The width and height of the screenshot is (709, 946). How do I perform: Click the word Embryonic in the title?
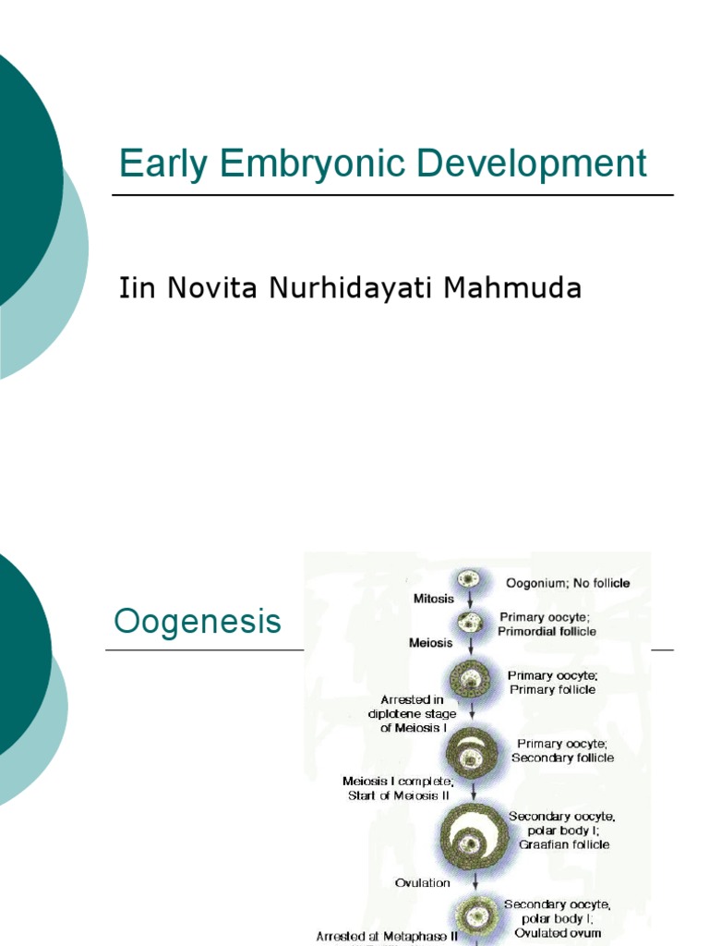click(x=297, y=164)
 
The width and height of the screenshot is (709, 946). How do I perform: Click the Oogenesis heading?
click(x=197, y=622)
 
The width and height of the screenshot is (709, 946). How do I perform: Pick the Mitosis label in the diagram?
click(x=434, y=599)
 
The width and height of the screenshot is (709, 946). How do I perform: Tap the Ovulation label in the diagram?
click(x=423, y=882)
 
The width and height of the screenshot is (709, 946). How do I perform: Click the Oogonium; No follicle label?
click(x=568, y=583)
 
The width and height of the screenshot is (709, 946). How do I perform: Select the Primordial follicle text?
click(x=548, y=632)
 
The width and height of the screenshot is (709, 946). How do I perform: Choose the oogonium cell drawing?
click(x=469, y=580)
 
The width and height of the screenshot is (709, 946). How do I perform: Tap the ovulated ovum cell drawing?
click(x=476, y=916)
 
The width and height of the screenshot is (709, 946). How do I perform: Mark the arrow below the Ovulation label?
click(x=475, y=884)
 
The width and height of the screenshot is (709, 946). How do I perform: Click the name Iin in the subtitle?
click(x=137, y=289)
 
